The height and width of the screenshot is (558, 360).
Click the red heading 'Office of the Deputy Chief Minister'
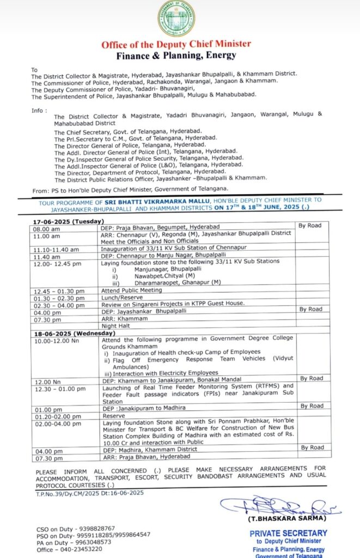point(176,45)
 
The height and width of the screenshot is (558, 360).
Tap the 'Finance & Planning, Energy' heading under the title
point(176,55)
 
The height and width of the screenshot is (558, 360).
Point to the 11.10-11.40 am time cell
point(56,249)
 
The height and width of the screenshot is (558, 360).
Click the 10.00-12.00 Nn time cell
point(57,340)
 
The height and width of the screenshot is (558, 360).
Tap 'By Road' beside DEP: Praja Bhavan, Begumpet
point(310,226)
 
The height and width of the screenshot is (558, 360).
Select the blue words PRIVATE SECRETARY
point(288,533)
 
